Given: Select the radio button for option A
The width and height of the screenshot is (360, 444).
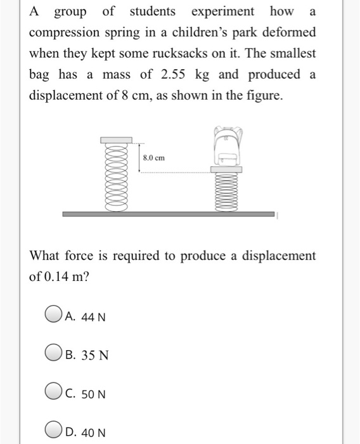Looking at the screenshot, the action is point(54,314).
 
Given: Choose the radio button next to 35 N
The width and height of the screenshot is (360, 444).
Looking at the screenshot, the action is point(54,354).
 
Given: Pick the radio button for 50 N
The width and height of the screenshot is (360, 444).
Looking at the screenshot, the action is point(54,393).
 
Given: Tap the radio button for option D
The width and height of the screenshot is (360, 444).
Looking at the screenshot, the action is point(54,433).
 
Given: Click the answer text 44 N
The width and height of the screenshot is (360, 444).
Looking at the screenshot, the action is point(85,315).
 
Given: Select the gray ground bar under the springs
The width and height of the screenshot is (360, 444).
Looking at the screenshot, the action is point(169,215).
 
